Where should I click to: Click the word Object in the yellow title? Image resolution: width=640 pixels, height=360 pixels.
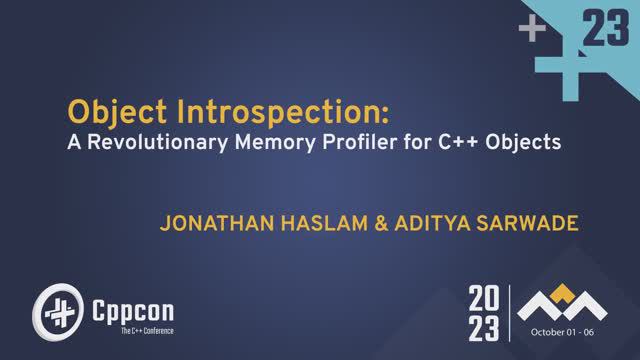coord(105,108)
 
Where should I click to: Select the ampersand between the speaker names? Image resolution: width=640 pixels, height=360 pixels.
coord(378,222)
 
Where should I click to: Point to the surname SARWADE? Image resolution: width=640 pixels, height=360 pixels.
coord(527,222)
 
